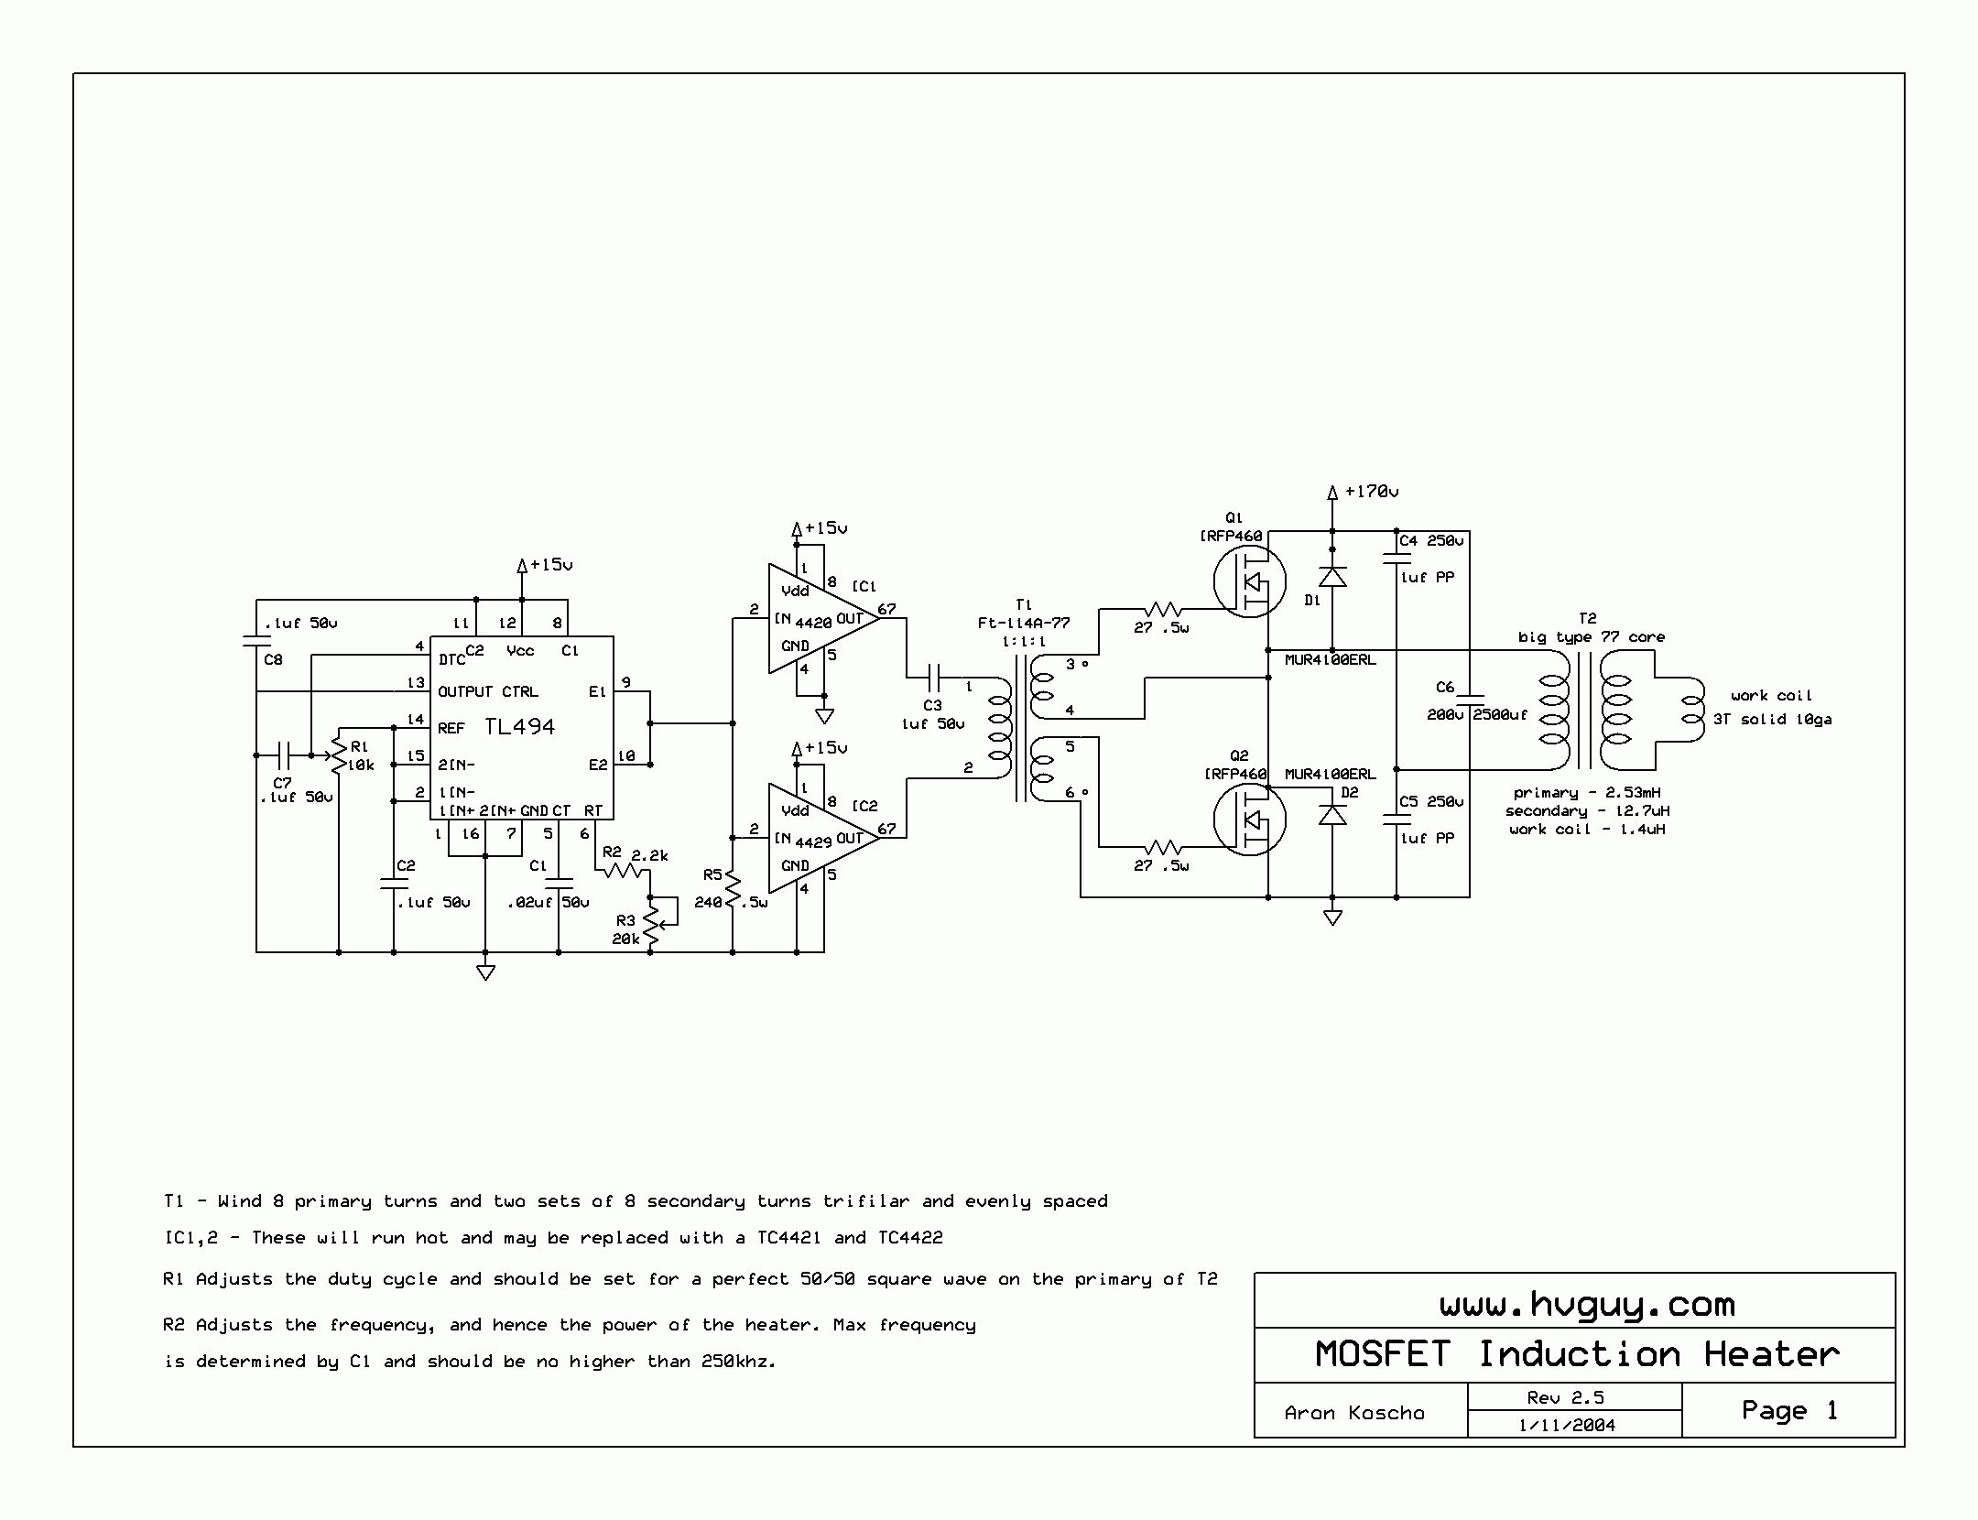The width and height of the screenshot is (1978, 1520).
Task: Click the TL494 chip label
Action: pos(519,727)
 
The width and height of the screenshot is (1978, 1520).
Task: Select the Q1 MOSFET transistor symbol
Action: pos(1249,581)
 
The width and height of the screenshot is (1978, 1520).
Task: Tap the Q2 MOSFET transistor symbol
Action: pos(1249,820)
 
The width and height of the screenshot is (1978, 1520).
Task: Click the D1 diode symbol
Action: pos(1332,576)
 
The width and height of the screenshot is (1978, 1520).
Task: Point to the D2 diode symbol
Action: pos(1332,814)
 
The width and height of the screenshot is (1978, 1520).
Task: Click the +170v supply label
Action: pos(1371,492)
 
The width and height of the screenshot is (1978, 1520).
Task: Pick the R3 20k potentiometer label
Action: pos(626,929)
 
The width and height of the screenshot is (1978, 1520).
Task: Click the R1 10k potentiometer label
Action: pos(361,756)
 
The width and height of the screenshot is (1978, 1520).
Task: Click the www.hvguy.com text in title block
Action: pos(1587,1304)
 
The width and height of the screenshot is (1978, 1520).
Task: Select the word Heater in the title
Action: pos(1771,1354)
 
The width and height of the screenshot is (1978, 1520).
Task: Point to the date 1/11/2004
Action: pos(1567,1425)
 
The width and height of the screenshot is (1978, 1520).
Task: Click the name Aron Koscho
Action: pos(1354,1413)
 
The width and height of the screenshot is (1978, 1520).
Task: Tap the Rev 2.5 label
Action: pos(1565,1397)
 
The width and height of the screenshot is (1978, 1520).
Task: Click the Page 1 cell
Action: pos(1789,1410)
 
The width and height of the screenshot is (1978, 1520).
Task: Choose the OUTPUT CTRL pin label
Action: pos(487,691)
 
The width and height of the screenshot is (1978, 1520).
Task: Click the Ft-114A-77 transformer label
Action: pos(1024,623)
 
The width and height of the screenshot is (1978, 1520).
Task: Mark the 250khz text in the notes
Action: pos(738,1362)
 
